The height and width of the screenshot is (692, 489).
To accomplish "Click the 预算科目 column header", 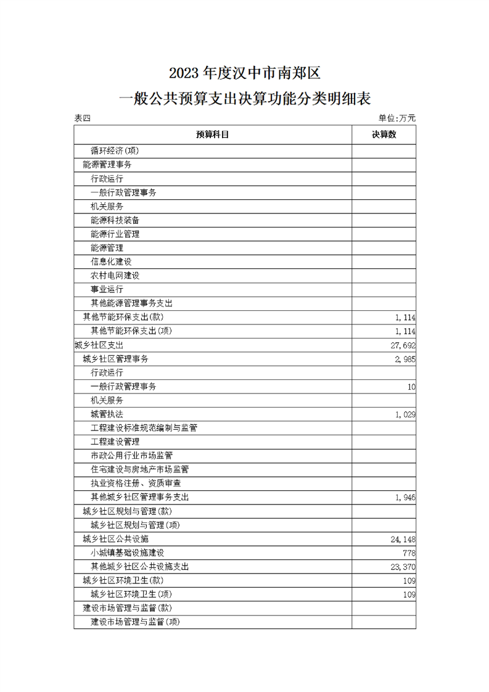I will coord(213,134).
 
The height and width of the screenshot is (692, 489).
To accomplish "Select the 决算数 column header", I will coord(384,134).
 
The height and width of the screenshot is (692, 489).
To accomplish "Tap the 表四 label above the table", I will coord(82,118).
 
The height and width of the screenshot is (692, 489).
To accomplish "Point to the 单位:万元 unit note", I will coord(397,118).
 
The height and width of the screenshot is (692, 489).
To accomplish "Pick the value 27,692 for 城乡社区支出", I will coord(403,345).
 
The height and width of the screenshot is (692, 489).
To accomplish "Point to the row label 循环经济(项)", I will coord(115,150).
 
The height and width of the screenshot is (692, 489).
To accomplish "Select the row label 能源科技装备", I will coord(115,220).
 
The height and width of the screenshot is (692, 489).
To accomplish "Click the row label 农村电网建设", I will coord(115,276).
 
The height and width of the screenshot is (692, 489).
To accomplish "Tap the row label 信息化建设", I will coord(111,262).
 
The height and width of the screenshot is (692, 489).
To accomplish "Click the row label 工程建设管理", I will coord(115,442).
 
